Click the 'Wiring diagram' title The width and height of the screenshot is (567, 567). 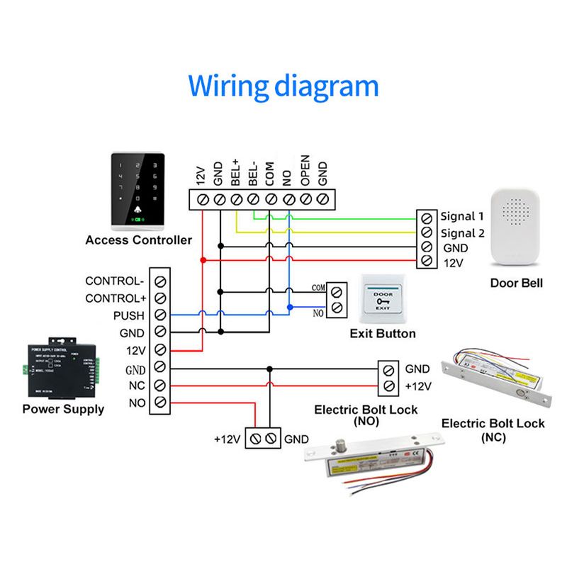coord(283,86)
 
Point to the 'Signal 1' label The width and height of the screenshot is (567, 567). coord(461,216)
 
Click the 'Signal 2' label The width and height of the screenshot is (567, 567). coord(461,232)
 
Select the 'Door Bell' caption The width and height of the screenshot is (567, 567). coord(517,283)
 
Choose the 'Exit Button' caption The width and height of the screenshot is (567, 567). coord(383,334)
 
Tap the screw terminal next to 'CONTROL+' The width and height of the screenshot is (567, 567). coord(161,298)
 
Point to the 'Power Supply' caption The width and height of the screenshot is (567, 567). coord(63,409)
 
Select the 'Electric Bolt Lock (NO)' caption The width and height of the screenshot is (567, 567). coord(366,415)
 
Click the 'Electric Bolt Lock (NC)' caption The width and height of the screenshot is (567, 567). coord(493,430)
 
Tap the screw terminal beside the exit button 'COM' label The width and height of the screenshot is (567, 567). coord(337,289)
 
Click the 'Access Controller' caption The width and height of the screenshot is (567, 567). coord(138,240)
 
